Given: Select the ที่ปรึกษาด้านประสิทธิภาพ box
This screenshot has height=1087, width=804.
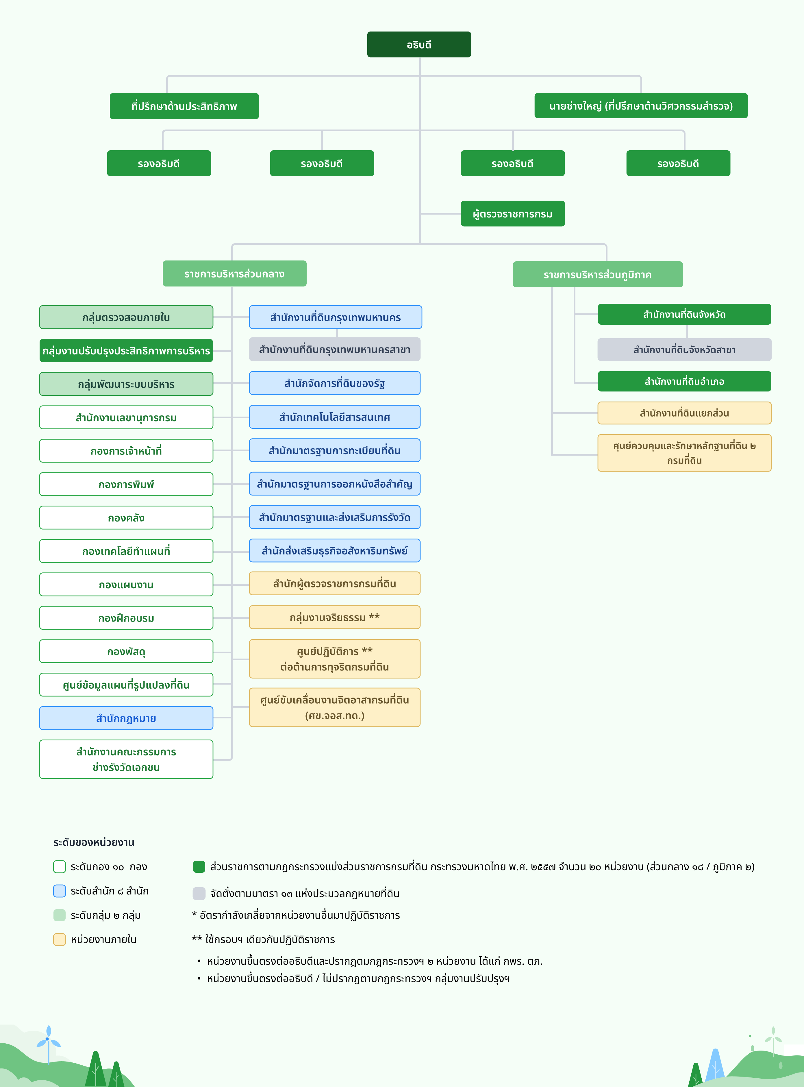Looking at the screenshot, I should click(184, 106).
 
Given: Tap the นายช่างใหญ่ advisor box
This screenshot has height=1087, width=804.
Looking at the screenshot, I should click(640, 106).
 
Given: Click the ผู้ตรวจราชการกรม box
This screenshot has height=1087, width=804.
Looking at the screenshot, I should click(512, 214).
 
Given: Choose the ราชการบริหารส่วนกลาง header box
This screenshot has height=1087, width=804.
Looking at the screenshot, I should click(234, 273).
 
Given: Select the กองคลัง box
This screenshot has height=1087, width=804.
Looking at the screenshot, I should click(126, 517).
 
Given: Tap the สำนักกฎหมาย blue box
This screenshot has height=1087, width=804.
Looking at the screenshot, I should click(126, 718).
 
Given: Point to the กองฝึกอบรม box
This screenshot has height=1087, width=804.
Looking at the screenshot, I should click(126, 618).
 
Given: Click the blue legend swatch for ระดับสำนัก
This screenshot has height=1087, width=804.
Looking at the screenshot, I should click(59, 891).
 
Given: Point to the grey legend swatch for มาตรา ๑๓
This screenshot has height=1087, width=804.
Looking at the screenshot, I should click(199, 893).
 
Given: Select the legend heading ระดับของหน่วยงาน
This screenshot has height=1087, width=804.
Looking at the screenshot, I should click(94, 842).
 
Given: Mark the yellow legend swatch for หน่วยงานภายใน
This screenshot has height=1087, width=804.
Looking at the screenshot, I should click(59, 940).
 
